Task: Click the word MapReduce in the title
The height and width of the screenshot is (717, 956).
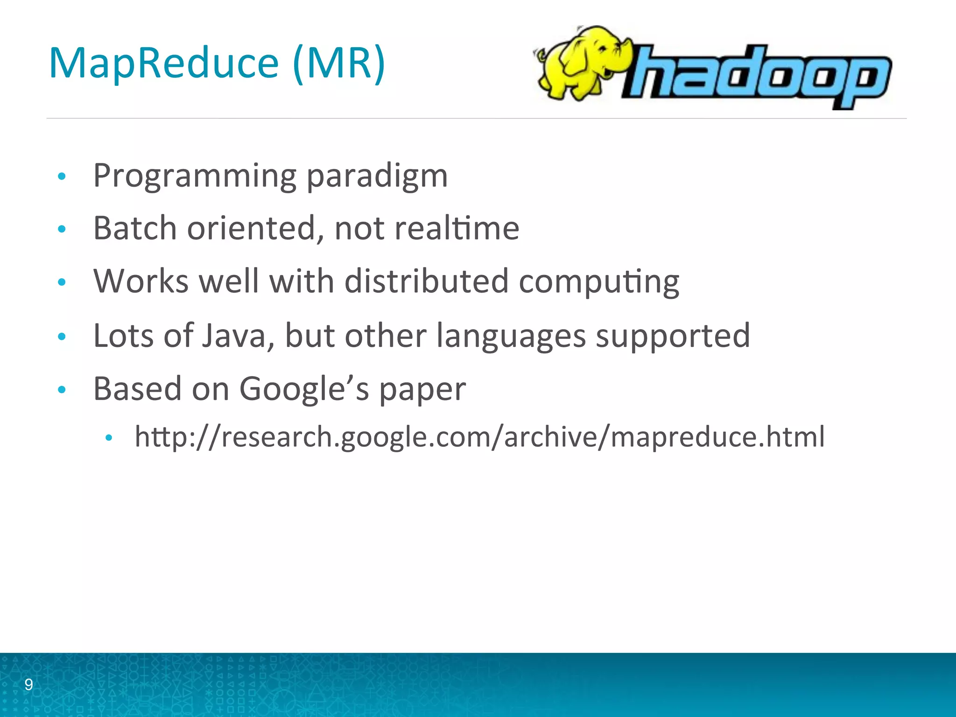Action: coord(163,64)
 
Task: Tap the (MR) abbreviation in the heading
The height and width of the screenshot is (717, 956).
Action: coord(339,64)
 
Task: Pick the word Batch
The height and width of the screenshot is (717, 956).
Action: coord(135,228)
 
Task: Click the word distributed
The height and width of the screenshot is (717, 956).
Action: coord(426,281)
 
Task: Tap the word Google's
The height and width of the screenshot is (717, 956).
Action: coord(304,389)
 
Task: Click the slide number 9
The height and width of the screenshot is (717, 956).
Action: coord(28,685)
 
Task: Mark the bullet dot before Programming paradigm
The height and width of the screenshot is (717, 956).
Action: coord(62,176)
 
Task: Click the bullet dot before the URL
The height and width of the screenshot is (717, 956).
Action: coord(109,438)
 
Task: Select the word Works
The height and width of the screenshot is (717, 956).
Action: coord(141,281)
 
